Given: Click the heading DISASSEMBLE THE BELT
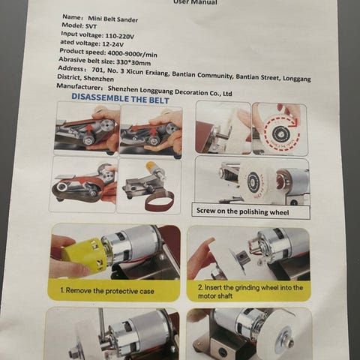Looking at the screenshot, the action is pyautogui.click(x=120, y=98).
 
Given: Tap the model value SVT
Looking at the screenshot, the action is pyautogui.click(x=91, y=26).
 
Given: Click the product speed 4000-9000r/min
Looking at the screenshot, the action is pyautogui.click(x=132, y=53).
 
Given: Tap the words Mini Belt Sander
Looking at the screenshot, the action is pyautogui.click(x=112, y=19).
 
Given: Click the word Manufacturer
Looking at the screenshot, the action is pyautogui.click(x=78, y=87).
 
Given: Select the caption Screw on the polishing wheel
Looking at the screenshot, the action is pyautogui.click(x=242, y=211).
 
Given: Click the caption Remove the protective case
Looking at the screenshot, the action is pyautogui.click(x=109, y=291).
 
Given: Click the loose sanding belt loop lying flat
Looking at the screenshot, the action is pyautogui.click(x=160, y=202).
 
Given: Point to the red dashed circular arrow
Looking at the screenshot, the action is pyautogui.click(x=281, y=133).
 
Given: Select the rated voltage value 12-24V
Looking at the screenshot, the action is pyautogui.click(x=113, y=44).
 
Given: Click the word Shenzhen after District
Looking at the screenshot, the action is pyautogui.click(x=99, y=79).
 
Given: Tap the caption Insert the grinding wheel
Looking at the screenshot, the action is pyautogui.click(x=250, y=292).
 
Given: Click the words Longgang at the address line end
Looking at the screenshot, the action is pyautogui.click(x=297, y=79).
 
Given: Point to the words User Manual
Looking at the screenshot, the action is pyautogui.click(x=195, y=2).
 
